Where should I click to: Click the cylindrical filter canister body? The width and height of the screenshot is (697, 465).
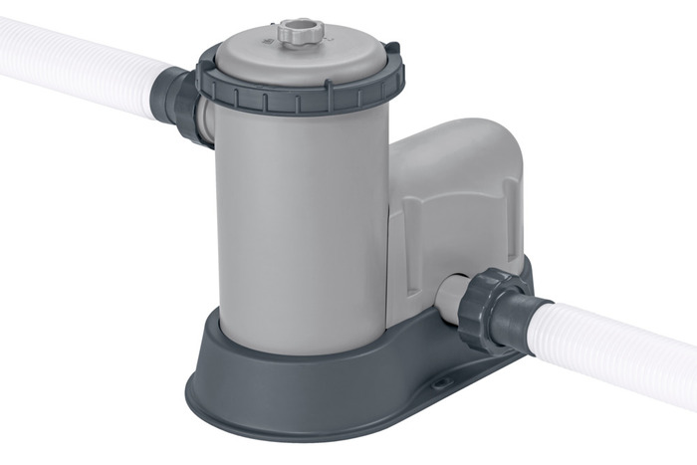point(299,219)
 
